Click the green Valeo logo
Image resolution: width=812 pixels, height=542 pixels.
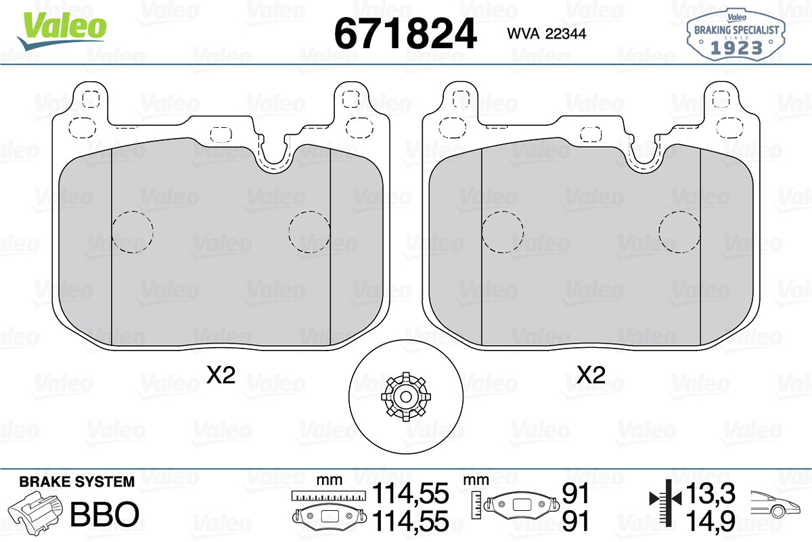point(62,30)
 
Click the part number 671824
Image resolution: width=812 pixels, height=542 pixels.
point(405,34)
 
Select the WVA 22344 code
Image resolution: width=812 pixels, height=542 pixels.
point(546,34)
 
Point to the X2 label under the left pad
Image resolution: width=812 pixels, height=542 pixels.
point(221,375)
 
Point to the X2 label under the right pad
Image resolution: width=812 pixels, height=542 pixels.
point(591,375)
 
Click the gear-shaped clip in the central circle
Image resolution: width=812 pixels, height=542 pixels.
point(405,397)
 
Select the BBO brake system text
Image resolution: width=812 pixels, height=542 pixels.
point(105,514)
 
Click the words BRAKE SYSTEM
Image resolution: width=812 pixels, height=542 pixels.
point(77,482)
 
